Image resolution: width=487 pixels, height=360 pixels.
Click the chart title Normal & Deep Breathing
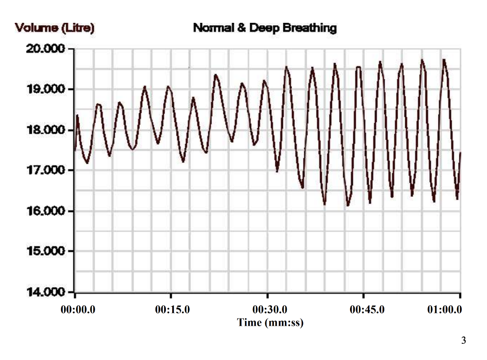[264, 28]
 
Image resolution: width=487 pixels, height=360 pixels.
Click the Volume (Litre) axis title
[55, 28]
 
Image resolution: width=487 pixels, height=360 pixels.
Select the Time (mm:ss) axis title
[270, 323]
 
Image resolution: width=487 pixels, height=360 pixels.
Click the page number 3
[463, 341]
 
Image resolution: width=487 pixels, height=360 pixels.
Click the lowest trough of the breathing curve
[348, 205]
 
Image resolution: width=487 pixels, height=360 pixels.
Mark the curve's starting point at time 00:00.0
[75, 150]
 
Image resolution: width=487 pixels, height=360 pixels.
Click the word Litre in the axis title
[79, 28]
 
